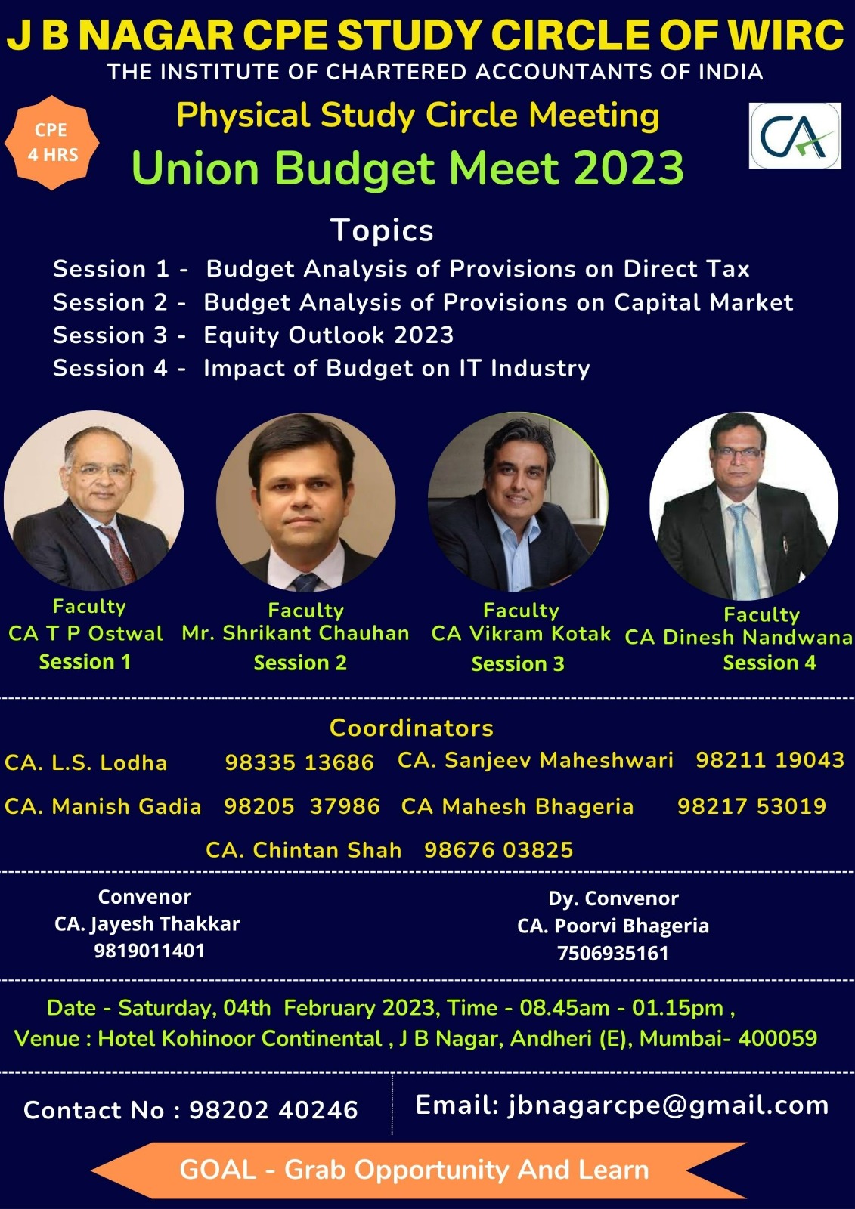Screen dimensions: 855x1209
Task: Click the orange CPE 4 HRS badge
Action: click(x=52, y=143)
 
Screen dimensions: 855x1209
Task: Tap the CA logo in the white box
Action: click(x=795, y=135)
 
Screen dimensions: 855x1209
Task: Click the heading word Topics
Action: click(x=382, y=230)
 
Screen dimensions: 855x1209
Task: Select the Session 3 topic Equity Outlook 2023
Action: click(x=328, y=335)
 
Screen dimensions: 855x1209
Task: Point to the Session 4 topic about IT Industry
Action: click(x=396, y=368)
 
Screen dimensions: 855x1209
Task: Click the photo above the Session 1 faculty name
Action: click(x=94, y=500)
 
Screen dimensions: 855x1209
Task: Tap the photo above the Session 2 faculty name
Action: click(x=305, y=502)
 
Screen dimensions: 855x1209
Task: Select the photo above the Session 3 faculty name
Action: click(x=518, y=502)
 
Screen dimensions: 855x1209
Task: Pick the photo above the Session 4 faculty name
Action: click(x=744, y=506)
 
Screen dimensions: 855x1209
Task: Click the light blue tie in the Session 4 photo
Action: click(x=742, y=548)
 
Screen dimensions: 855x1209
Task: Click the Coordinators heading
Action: click(x=411, y=728)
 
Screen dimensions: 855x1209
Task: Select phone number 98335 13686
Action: click(x=299, y=762)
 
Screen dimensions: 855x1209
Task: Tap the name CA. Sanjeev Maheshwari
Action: click(x=535, y=760)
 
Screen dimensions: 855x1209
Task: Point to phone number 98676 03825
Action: click(x=498, y=850)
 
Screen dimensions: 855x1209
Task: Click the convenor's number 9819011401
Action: click(x=150, y=951)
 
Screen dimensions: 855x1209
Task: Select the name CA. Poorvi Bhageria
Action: click(x=613, y=926)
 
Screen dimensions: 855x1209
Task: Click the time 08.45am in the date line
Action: click(x=565, y=1008)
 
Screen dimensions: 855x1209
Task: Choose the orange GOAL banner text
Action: click(x=414, y=1170)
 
